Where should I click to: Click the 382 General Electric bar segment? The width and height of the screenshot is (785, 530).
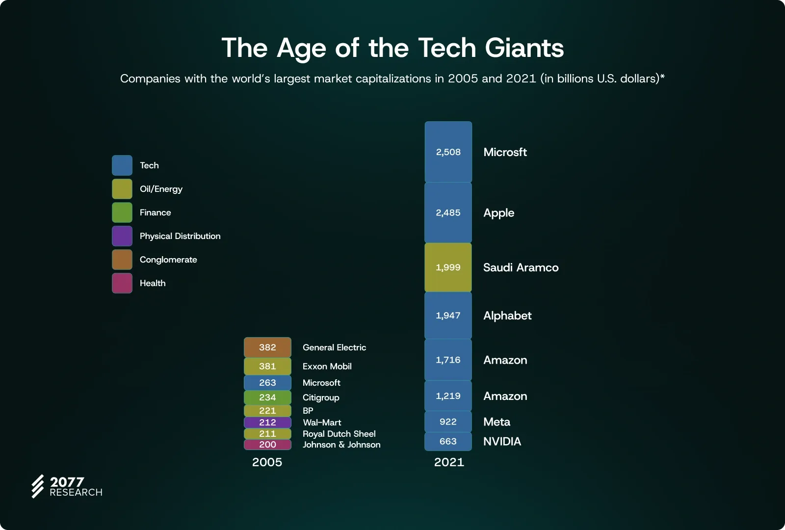click(x=267, y=347)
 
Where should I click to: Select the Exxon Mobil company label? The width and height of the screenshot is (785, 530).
click(x=327, y=367)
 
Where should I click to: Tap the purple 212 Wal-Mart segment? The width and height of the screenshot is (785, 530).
click(x=267, y=422)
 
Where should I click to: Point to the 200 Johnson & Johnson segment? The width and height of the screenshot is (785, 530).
click(x=267, y=445)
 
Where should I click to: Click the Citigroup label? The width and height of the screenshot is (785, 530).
click(x=321, y=397)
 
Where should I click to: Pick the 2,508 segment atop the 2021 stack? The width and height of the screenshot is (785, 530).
click(x=448, y=152)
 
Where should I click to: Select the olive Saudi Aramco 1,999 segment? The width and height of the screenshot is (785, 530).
click(x=448, y=267)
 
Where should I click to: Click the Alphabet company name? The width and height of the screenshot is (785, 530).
click(x=507, y=316)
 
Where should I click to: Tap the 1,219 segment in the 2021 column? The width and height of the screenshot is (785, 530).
click(x=448, y=396)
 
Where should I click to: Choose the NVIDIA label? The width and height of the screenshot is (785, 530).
click(x=502, y=442)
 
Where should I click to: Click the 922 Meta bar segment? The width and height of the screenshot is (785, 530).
click(x=448, y=422)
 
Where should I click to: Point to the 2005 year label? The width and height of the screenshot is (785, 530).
click(x=267, y=462)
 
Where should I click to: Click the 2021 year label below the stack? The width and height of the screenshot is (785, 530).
click(x=449, y=462)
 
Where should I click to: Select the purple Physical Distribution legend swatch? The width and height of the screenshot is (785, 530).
click(x=122, y=236)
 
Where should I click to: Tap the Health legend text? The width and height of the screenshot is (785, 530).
click(x=153, y=283)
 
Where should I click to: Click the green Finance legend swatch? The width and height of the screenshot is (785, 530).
click(x=122, y=212)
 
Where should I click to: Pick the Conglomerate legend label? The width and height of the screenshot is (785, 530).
click(x=168, y=260)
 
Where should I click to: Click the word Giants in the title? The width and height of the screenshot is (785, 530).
click(x=524, y=48)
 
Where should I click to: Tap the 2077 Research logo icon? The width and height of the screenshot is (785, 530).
click(x=38, y=486)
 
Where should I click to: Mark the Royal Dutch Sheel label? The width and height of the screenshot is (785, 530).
click(x=339, y=434)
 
